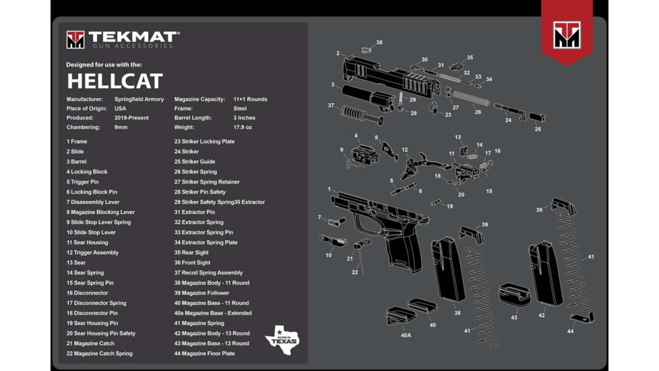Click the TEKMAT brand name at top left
tap(133, 36)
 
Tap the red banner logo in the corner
tap(566, 34)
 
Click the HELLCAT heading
tap(115, 82)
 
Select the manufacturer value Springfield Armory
tap(139, 99)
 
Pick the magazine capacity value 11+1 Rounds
tap(250, 99)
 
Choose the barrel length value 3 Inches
tap(245, 117)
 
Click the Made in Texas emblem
tap(281, 335)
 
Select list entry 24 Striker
tap(187, 152)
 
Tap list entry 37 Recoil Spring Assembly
tap(208, 273)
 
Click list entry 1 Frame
tap(77, 142)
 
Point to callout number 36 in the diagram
tap(379, 42)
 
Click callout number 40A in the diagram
tap(406, 335)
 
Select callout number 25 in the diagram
tap(538, 129)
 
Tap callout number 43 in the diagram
tap(514, 317)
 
